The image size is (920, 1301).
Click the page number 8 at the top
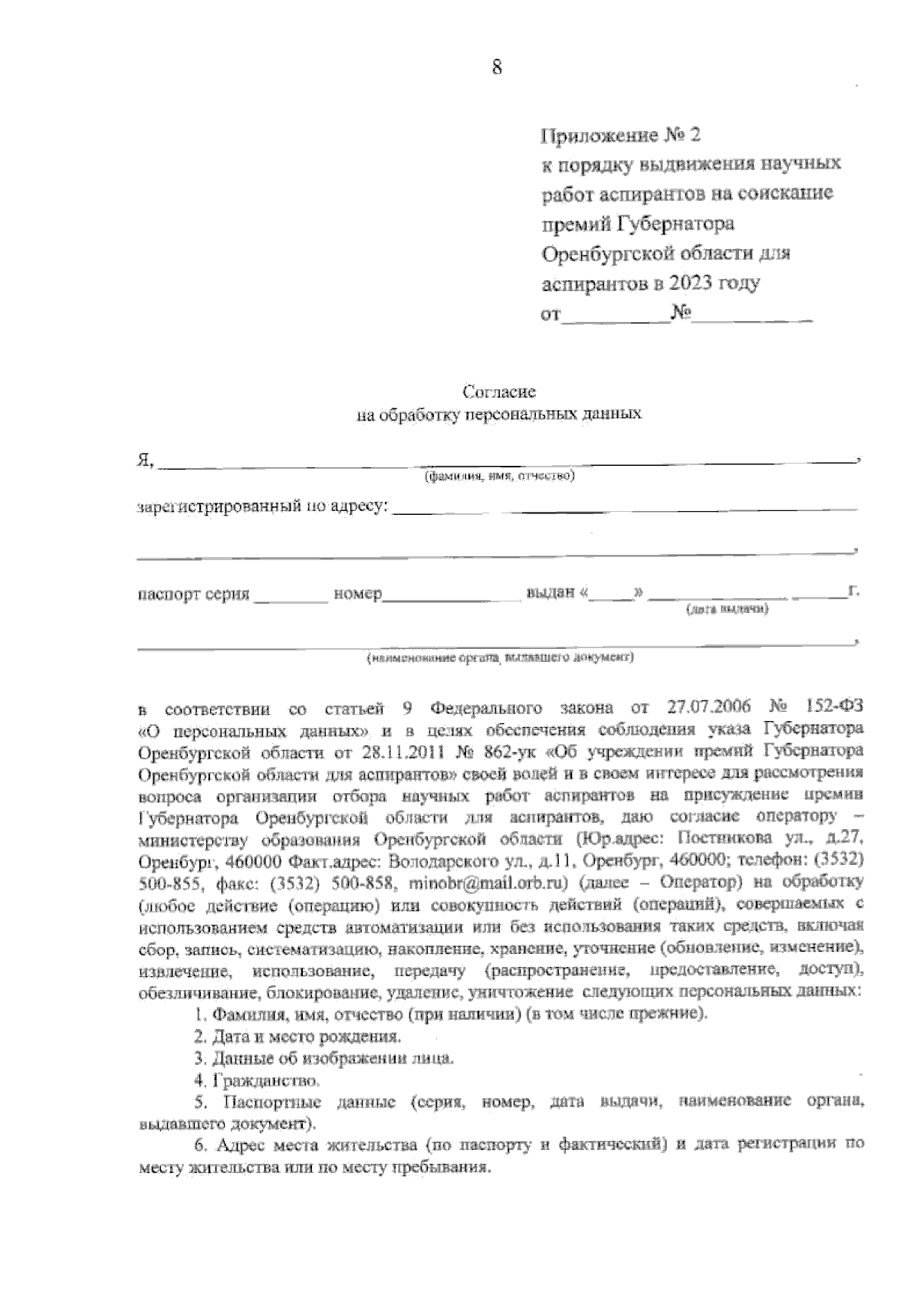coord(496,67)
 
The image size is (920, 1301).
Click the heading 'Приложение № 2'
coord(621,136)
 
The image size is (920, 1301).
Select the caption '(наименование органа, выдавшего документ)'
coord(500,657)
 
